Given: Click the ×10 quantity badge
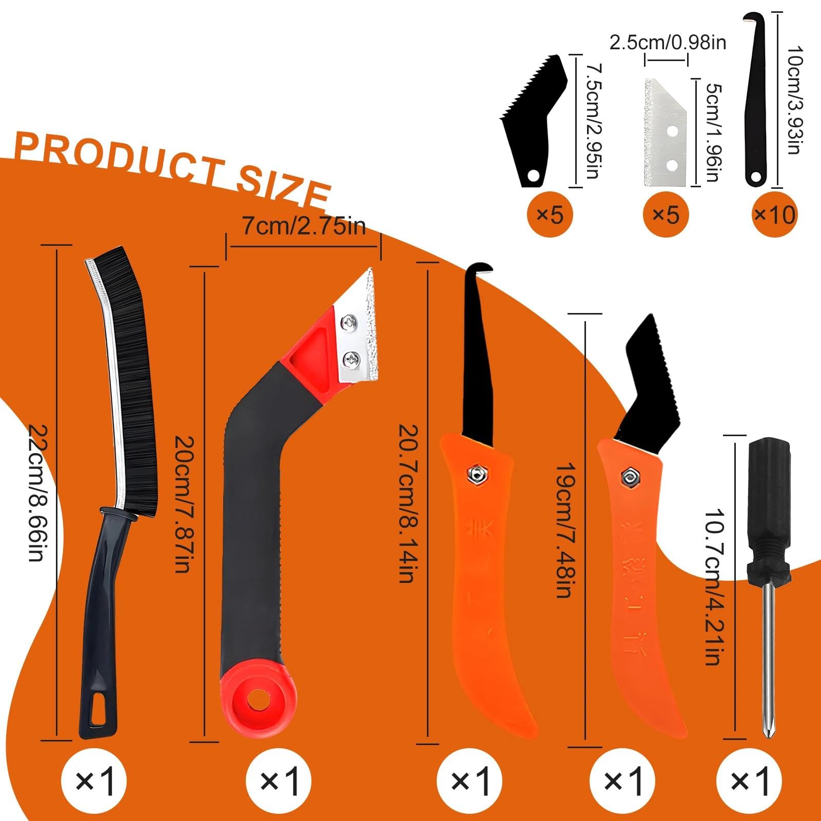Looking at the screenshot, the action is pyautogui.click(x=775, y=214).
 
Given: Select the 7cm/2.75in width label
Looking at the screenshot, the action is pyautogui.click(x=304, y=226).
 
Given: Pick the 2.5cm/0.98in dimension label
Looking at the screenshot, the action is pyautogui.click(x=668, y=43).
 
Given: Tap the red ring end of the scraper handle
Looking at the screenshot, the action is pyautogui.click(x=259, y=700).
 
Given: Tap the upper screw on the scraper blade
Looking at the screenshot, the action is pyautogui.click(x=349, y=322).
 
